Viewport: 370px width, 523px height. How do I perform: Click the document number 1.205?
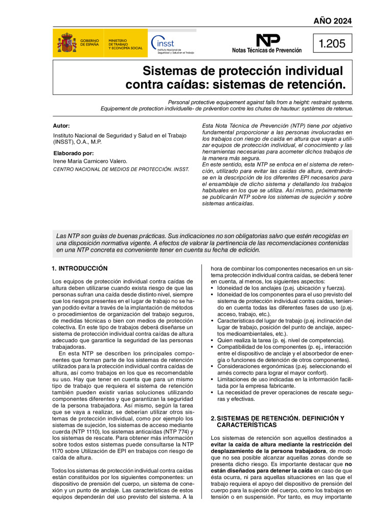[332, 44]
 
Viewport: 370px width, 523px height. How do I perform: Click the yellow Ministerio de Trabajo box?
[125, 44]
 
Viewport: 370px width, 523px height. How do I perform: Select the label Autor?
[61, 126]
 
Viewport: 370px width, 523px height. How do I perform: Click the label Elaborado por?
[73, 153]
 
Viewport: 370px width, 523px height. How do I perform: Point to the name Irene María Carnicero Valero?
[90, 161]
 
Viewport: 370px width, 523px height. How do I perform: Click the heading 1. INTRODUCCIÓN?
[80, 268]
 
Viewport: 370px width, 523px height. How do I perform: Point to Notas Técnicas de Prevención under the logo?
[266, 51]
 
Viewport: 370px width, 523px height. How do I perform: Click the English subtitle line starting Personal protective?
[260, 102]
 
